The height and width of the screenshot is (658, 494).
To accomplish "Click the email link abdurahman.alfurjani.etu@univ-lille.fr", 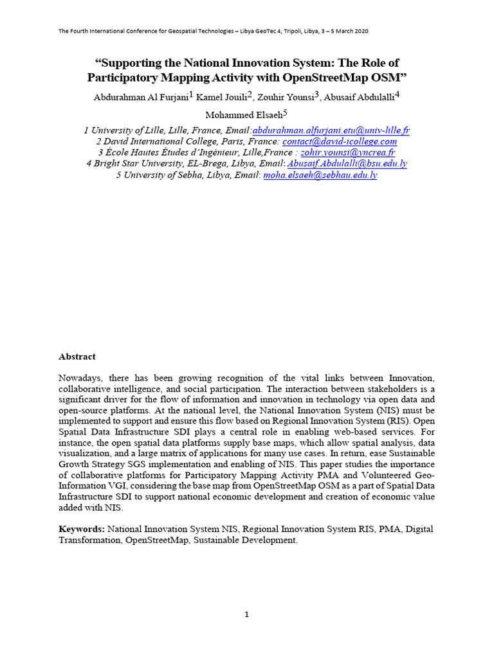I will point(331,130).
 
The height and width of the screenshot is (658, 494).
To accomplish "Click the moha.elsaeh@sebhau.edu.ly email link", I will point(320,175).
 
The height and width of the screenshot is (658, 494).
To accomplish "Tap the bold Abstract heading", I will point(77,357).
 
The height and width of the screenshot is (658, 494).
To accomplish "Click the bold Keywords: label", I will point(82,529).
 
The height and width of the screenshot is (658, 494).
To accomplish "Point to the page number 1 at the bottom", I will point(246,614).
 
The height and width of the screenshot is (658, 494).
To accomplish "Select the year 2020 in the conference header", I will point(360,31).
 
